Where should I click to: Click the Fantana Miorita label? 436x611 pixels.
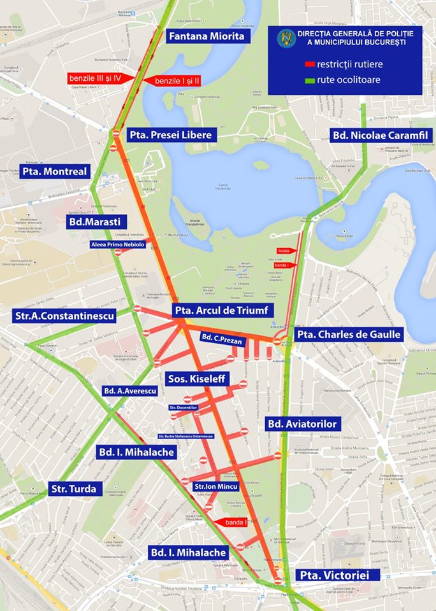206,36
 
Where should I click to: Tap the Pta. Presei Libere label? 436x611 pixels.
170,135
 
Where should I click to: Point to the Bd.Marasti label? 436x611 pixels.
98,221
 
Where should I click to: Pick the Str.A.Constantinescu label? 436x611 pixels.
64,316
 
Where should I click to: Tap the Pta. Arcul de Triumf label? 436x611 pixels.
224,310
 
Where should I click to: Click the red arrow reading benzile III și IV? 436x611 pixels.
99,78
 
